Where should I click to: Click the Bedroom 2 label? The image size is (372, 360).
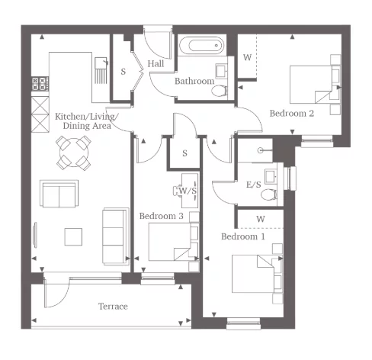[x=292, y=114]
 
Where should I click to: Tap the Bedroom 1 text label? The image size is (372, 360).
[x=243, y=236]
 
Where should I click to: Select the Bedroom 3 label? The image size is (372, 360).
[x=162, y=217]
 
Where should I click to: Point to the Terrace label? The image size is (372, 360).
[x=112, y=307]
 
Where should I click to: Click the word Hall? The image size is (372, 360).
[x=156, y=64]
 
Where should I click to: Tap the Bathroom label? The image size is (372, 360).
[x=194, y=81]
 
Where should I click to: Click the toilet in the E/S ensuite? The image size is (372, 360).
[x=269, y=194]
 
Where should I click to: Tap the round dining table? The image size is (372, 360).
[x=73, y=152]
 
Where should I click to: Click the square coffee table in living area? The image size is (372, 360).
[x=74, y=236]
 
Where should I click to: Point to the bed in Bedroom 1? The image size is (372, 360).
[x=256, y=277]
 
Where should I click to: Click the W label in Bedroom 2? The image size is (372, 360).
[x=246, y=58]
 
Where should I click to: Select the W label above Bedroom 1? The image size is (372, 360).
[x=260, y=220]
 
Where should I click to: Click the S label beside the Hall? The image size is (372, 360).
[x=123, y=72]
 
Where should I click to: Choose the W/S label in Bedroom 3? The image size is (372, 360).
[x=188, y=190]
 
